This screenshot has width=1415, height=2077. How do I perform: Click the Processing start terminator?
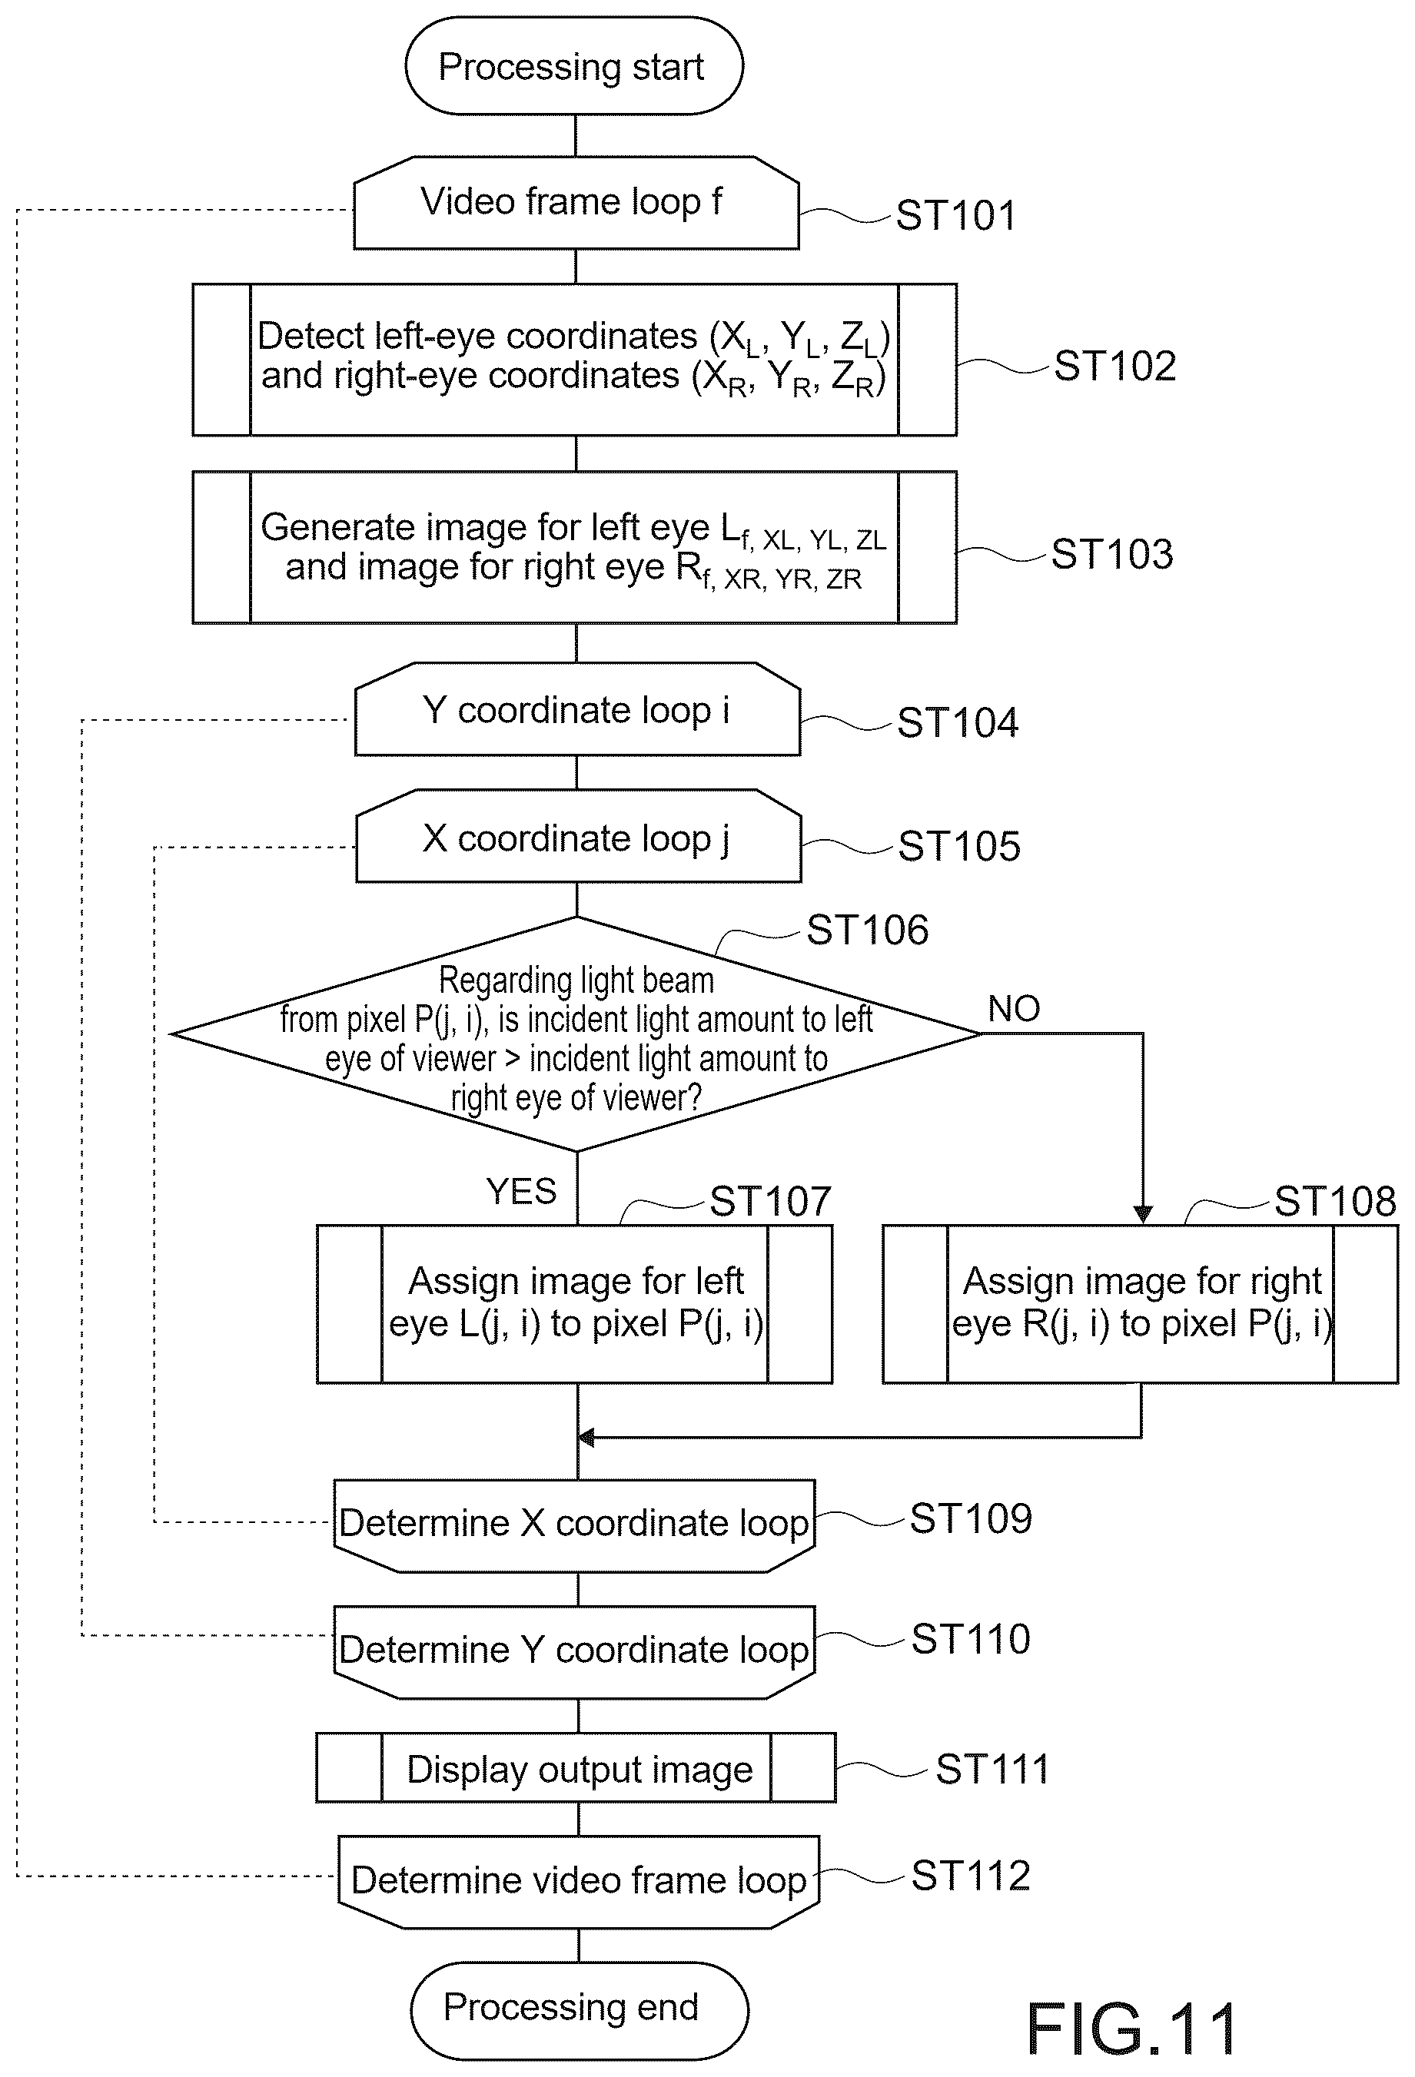coord(574,66)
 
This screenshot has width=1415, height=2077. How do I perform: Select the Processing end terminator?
coord(580,2011)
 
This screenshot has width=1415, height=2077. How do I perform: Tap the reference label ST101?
coord(956,215)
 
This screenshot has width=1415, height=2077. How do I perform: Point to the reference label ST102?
coord(1114,366)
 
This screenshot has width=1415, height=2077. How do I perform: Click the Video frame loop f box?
coord(576,203)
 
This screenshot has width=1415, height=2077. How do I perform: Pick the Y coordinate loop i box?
coord(577,709)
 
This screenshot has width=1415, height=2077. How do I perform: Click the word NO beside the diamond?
coord(1014,1009)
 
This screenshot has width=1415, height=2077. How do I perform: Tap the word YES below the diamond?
coord(521,1191)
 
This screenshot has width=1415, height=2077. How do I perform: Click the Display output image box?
coord(576,1769)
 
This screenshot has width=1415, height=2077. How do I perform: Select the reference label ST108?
coord(1334,1201)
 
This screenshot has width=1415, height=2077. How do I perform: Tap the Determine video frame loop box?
coord(578,1882)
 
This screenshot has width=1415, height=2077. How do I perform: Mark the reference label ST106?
coord(867,931)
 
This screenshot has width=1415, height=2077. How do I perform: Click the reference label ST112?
coord(971,1875)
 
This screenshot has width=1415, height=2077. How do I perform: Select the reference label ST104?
coord(958,722)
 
